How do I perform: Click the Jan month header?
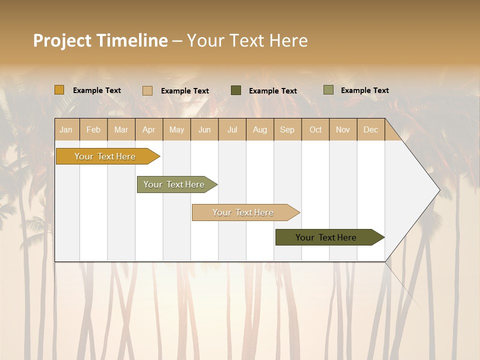click(x=66, y=129)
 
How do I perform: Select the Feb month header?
click(x=93, y=129)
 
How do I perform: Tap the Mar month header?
click(x=121, y=129)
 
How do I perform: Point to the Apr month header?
click(x=149, y=129)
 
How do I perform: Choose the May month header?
click(x=176, y=129)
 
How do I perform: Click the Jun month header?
click(x=204, y=129)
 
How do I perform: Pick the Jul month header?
click(x=232, y=129)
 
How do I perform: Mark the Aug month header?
click(x=260, y=129)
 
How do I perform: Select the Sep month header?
click(x=287, y=129)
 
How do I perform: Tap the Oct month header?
click(x=315, y=129)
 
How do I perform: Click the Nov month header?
click(x=343, y=129)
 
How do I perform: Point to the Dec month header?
click(x=371, y=129)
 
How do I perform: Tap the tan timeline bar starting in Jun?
click(x=243, y=212)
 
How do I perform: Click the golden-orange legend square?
click(x=59, y=90)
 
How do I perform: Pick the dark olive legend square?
click(x=236, y=90)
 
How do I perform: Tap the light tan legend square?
click(x=147, y=90)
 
